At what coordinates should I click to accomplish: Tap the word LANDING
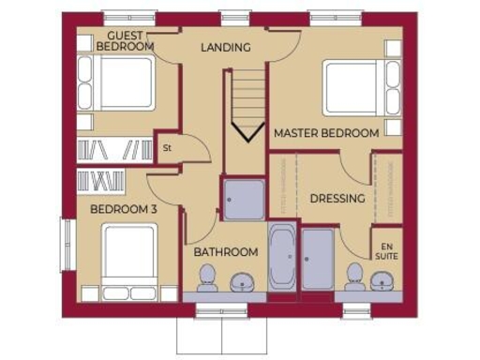click(x=225, y=47)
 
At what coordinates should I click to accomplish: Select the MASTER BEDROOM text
click(x=326, y=133)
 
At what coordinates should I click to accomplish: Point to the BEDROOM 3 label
click(x=123, y=209)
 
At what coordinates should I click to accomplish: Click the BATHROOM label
click(x=225, y=252)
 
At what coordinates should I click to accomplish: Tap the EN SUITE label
click(x=386, y=247)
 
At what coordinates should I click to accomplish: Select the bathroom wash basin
click(x=243, y=281)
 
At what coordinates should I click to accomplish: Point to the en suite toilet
click(x=354, y=277)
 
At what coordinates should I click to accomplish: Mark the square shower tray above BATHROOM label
click(x=243, y=200)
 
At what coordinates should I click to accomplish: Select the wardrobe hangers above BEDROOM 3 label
click(x=101, y=181)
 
